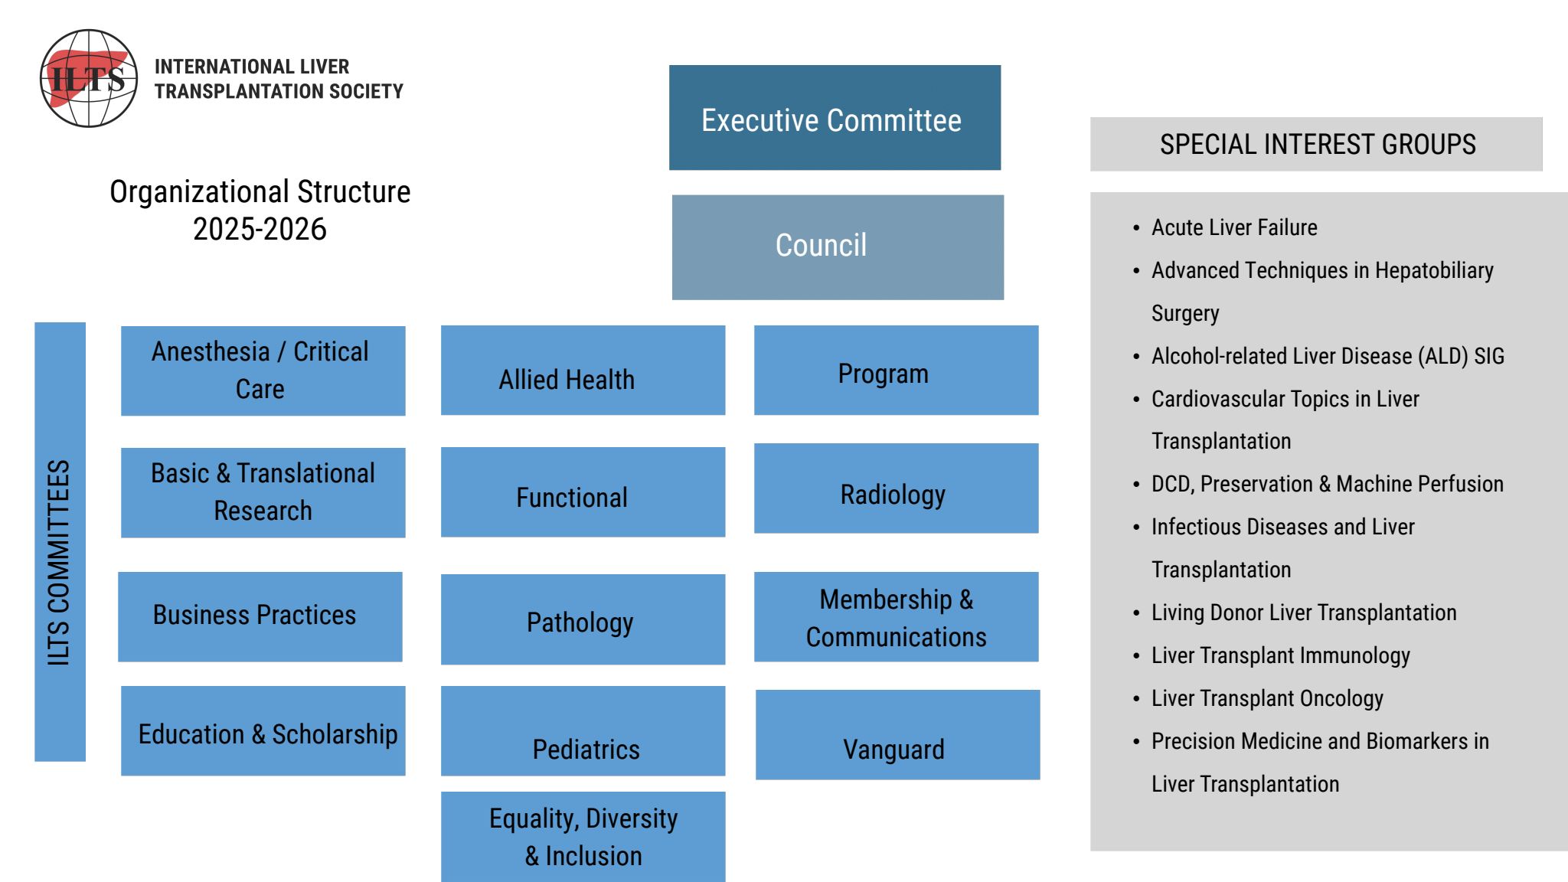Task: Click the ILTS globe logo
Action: click(x=89, y=78)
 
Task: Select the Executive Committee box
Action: click(x=835, y=118)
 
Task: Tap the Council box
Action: click(x=838, y=247)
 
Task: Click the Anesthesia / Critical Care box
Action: click(x=263, y=371)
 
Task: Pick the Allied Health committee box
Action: click(x=583, y=371)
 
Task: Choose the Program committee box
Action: click(x=896, y=371)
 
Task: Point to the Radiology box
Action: click(x=896, y=488)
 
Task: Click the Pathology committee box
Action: click(x=583, y=619)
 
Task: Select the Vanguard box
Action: click(x=897, y=735)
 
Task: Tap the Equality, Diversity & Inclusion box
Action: click(x=583, y=837)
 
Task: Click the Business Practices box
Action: click(x=260, y=616)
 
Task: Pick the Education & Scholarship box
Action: click(x=263, y=731)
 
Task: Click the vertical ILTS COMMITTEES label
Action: click(x=60, y=542)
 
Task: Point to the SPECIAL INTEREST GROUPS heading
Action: click(x=1316, y=144)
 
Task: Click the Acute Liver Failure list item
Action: click(x=1234, y=227)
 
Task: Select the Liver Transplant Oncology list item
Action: click(x=1267, y=698)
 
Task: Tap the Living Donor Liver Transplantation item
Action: click(x=1303, y=612)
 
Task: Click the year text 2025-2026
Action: click(x=260, y=229)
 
